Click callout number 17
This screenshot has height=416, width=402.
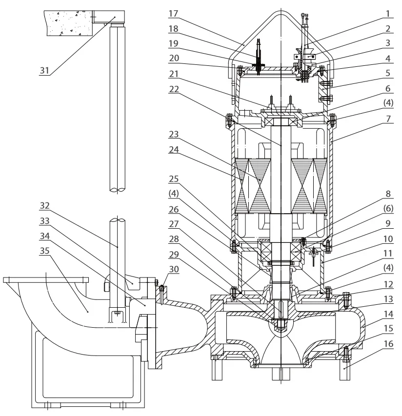[x=173, y=13]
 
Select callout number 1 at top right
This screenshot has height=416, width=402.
[x=388, y=13]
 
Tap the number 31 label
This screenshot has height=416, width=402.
[x=44, y=71]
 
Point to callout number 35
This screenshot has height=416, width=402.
[x=44, y=251]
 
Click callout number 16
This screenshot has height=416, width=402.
[x=388, y=344]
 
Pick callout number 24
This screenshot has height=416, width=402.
[x=174, y=150]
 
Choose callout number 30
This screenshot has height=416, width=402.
[x=174, y=269]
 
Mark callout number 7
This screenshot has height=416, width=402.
[x=388, y=119]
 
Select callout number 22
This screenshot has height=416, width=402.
[x=174, y=89]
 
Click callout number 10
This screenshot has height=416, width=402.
[x=388, y=239]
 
